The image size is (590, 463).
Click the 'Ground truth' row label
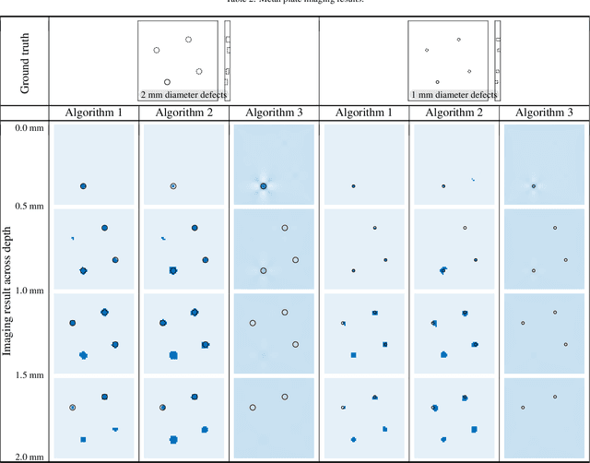pos(24,60)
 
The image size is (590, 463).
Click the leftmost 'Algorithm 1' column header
pos(93,113)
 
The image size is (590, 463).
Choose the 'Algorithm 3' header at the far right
pos(544,113)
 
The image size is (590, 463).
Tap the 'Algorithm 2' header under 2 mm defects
pos(183,113)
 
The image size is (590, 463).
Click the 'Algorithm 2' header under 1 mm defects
pos(454,113)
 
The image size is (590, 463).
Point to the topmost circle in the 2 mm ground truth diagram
pos(188,40)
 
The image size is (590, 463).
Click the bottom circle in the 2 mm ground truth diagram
pos(167,82)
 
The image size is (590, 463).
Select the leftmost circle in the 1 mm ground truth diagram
pos(426,50)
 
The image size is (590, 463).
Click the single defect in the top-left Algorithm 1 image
pos(83,186)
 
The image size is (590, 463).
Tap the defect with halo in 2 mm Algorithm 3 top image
pos(263,186)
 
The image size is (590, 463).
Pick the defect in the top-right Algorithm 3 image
pos(534,186)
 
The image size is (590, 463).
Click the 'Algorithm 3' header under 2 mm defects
pos(274,113)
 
